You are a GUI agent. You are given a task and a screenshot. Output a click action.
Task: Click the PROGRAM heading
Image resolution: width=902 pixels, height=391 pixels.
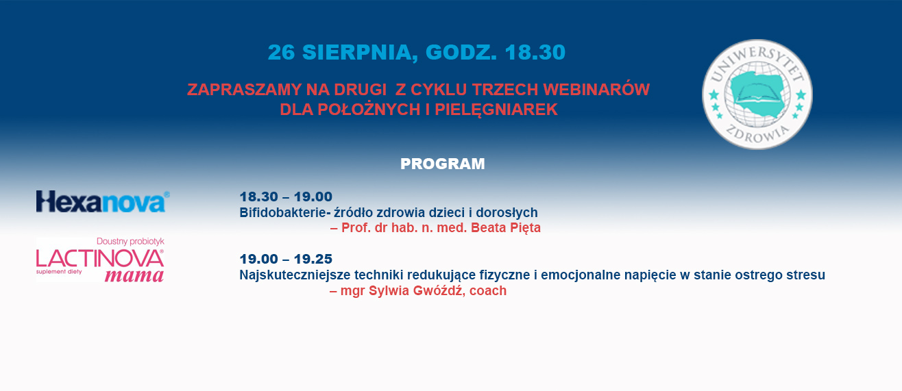pos(443,164)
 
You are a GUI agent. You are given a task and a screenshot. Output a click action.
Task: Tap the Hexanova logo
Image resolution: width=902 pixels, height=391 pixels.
pos(103,201)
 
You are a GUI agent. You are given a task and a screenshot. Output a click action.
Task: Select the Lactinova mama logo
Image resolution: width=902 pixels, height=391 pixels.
pos(100,260)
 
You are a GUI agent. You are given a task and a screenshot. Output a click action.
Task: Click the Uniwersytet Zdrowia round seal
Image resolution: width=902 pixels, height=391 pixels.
pos(757,94)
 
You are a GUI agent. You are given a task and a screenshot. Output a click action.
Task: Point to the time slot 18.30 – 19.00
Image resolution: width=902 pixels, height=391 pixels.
pos(286,197)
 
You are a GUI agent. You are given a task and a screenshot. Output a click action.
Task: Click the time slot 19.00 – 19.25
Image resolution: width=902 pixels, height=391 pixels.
pos(286,259)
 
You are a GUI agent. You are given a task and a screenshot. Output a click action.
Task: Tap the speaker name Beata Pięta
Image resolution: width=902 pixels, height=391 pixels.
pos(506,228)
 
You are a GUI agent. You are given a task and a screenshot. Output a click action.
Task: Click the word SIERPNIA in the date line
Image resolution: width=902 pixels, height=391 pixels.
pos(357,53)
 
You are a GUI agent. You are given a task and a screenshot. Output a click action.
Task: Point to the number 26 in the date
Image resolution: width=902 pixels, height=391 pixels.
pos(282,53)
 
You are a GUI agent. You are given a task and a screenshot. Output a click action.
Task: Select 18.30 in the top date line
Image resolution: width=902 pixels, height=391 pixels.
pos(535,53)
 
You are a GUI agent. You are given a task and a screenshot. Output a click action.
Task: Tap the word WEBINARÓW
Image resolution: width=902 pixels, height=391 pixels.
pos(596,90)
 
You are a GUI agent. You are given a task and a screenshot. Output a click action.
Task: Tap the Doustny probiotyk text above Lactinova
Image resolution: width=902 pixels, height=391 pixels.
pos(130,241)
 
